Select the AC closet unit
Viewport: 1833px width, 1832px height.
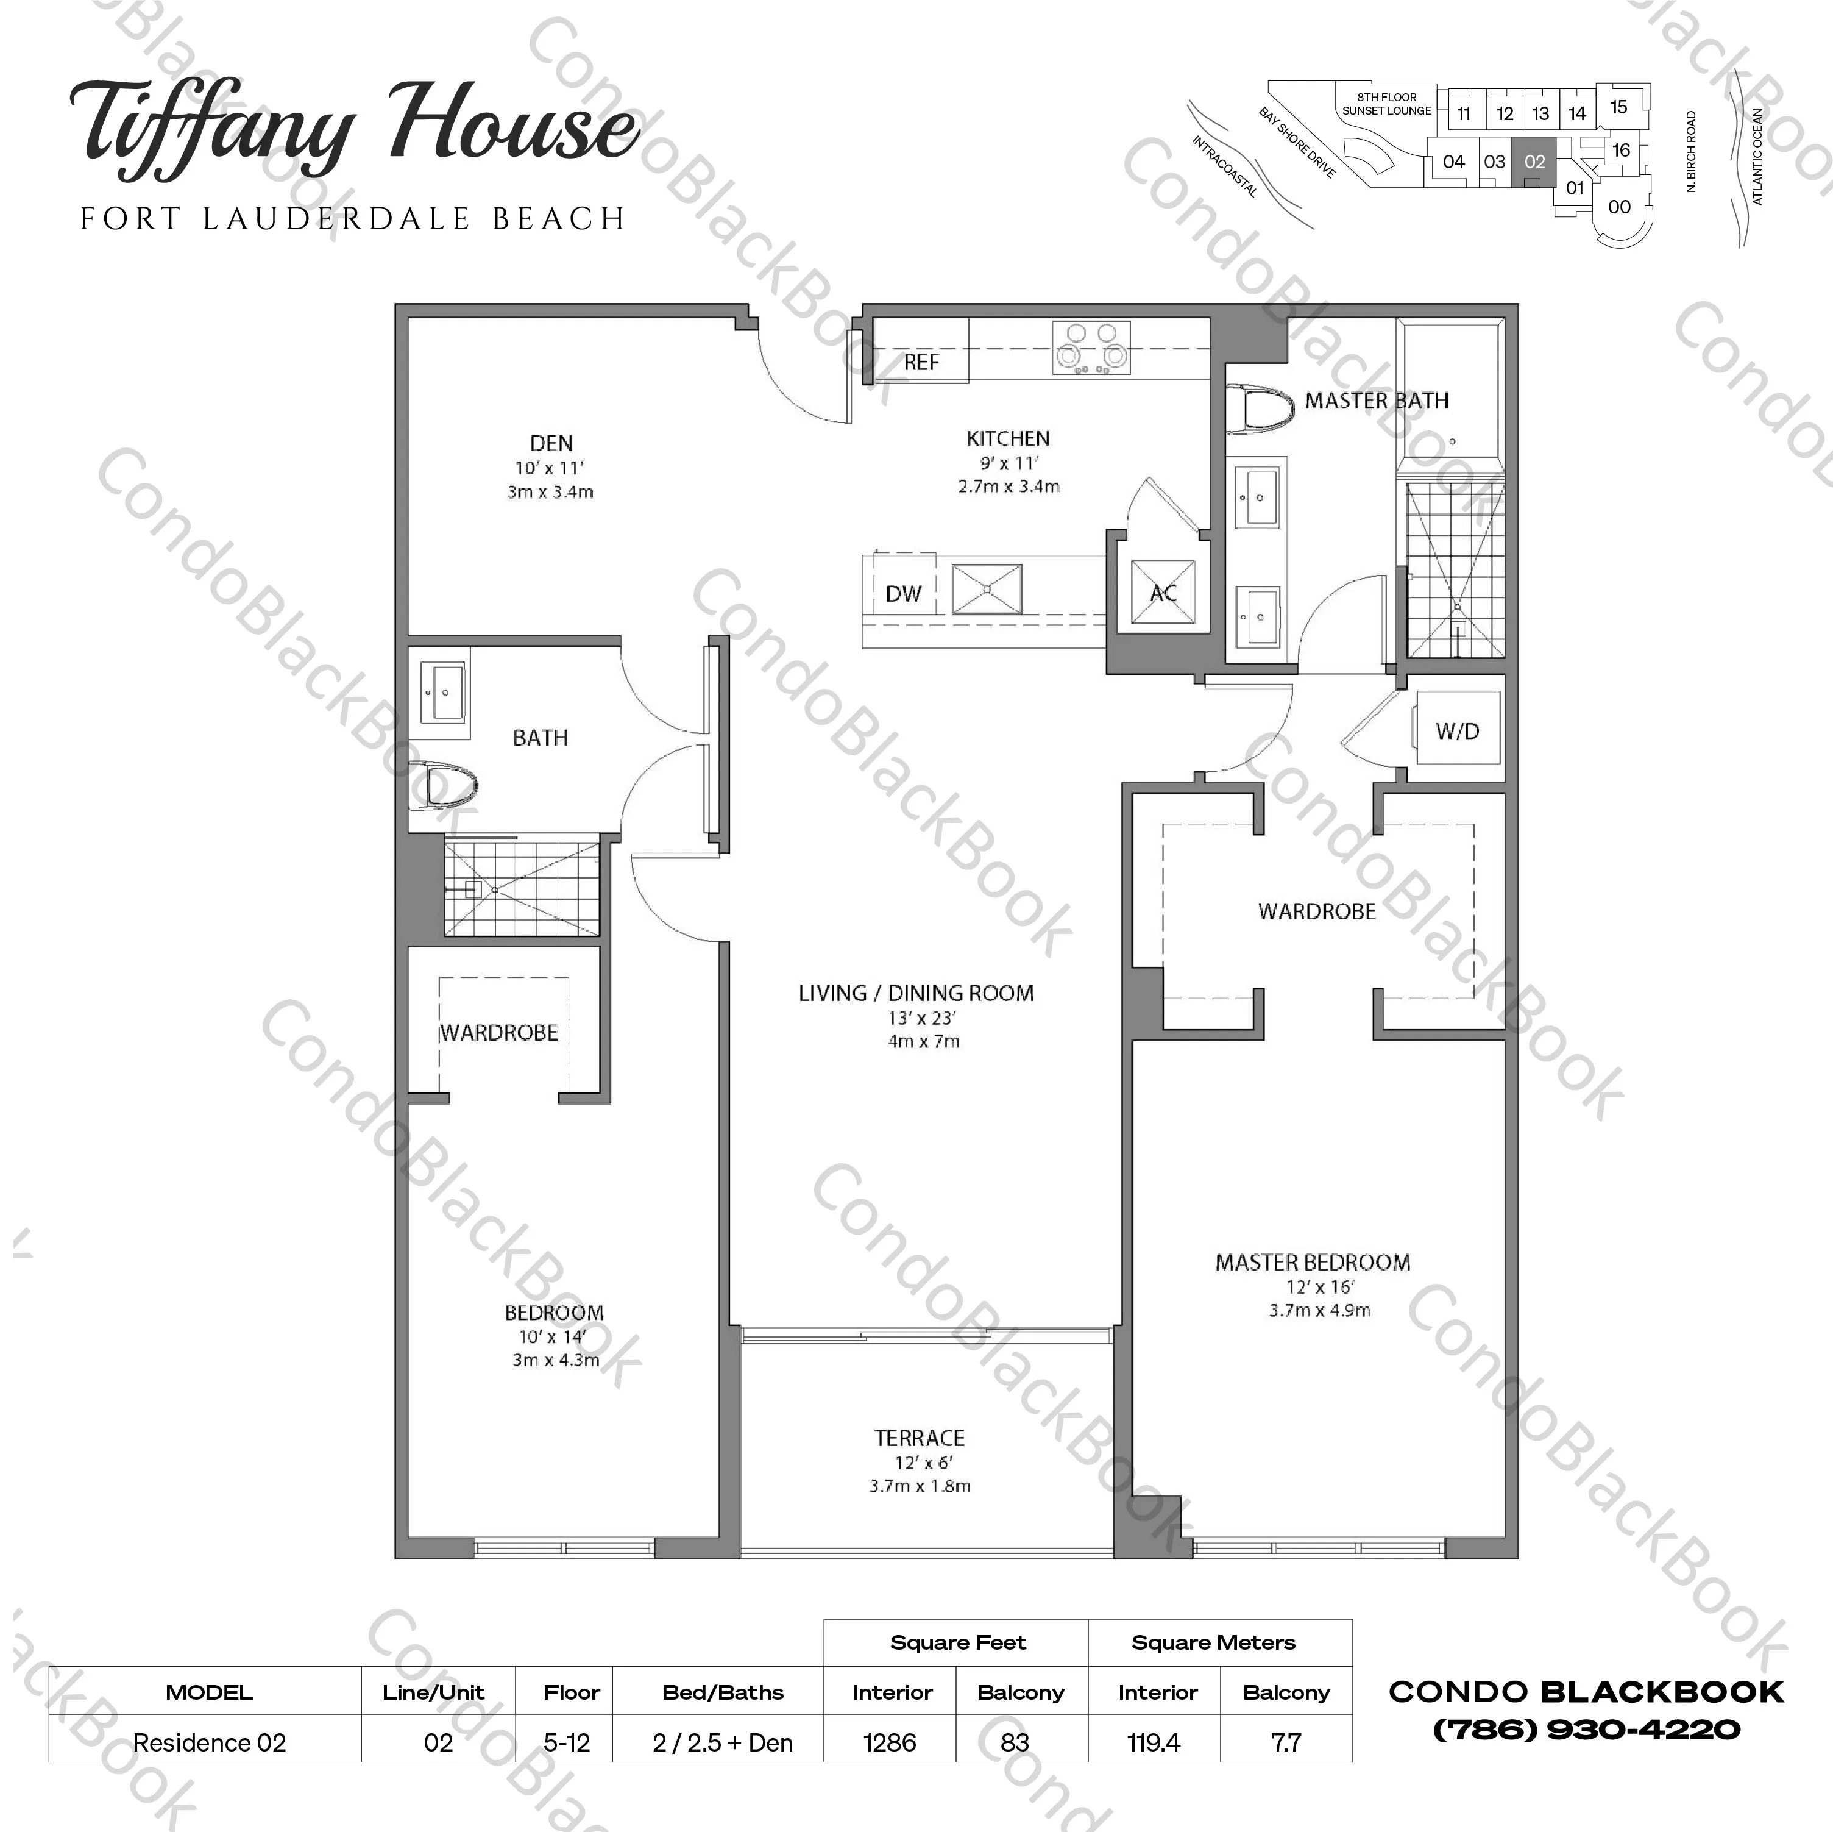tap(1163, 593)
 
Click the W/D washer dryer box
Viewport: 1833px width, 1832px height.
tap(1457, 730)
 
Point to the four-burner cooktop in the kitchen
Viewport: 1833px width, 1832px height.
tap(1091, 348)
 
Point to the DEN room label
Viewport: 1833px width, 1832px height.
tap(551, 443)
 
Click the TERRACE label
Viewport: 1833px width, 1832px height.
tap(920, 1438)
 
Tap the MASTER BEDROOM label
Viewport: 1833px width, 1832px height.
tap(1313, 1263)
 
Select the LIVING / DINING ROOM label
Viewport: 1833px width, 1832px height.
tap(916, 993)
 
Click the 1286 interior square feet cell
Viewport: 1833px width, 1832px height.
tap(890, 1743)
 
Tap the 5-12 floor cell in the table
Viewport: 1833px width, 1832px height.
tap(566, 1743)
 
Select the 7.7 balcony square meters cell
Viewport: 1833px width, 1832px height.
tap(1286, 1743)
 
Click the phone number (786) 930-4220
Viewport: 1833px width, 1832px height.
tap(1586, 1730)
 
